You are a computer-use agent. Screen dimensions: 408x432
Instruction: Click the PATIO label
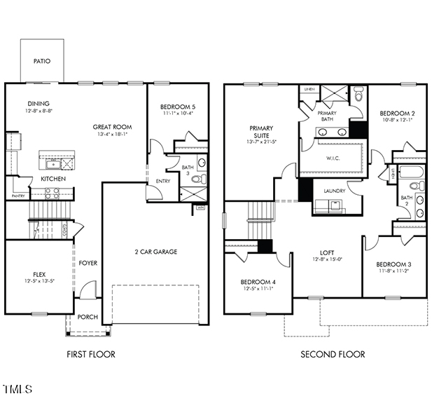(x=42, y=61)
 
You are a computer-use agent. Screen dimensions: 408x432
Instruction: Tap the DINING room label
(x=39, y=103)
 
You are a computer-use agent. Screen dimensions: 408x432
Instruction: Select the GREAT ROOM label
(x=112, y=127)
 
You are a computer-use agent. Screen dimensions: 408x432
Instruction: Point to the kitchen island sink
(x=53, y=164)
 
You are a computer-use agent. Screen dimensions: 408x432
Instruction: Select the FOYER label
(x=88, y=263)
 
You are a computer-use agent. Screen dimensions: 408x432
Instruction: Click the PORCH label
(x=88, y=316)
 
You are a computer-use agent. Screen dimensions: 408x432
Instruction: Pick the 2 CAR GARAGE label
(x=155, y=252)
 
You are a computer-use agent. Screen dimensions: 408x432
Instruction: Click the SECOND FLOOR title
(x=333, y=354)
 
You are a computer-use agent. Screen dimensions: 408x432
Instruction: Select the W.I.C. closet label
(x=333, y=158)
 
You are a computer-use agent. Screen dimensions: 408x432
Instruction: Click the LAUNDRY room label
(x=334, y=191)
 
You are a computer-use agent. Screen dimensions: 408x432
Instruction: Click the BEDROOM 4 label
(x=259, y=281)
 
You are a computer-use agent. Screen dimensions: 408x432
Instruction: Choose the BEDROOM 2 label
(x=397, y=113)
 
